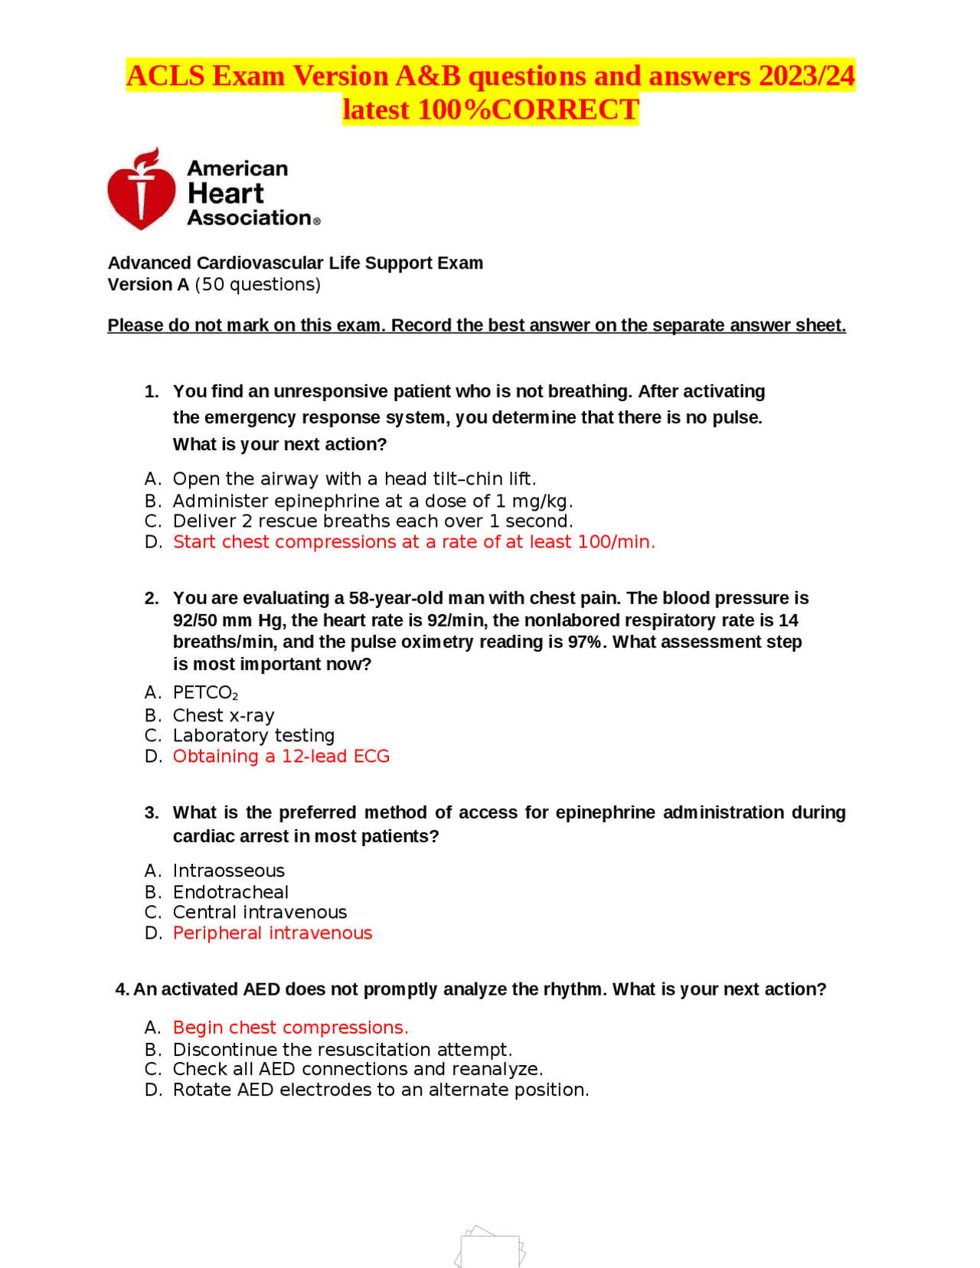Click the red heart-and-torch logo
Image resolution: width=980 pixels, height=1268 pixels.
[x=142, y=190]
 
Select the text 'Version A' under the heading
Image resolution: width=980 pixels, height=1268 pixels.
[x=148, y=285]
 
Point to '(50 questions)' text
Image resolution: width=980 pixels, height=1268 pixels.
[x=257, y=285]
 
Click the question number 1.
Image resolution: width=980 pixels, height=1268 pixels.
[x=152, y=392]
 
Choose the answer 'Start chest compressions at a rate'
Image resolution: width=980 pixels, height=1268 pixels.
[x=413, y=542]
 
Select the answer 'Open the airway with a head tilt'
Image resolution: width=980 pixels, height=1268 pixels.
[x=354, y=479]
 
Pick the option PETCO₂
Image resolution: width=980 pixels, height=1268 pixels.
[x=205, y=693]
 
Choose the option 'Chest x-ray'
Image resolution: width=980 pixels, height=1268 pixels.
[x=223, y=716]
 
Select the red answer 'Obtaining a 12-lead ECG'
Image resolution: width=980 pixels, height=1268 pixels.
[x=281, y=757]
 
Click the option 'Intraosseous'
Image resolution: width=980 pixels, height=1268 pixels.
[x=228, y=871]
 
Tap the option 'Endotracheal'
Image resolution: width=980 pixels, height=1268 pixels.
[x=230, y=893]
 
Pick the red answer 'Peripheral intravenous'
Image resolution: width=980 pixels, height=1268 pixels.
[x=272, y=933]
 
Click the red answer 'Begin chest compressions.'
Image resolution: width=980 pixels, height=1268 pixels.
[x=290, y=1028]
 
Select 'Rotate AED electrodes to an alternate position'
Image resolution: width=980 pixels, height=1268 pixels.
[x=381, y=1090]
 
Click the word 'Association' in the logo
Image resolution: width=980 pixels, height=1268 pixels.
[x=249, y=218]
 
